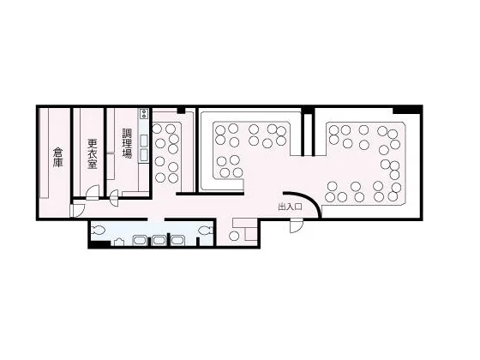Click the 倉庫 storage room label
[x=57, y=158]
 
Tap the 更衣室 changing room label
[x=93, y=154]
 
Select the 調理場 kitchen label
[x=127, y=143]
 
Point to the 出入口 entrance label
[x=290, y=207]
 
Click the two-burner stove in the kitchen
[x=144, y=113]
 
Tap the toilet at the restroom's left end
[x=98, y=230]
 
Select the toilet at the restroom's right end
[x=206, y=230]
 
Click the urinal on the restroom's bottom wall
[x=119, y=242]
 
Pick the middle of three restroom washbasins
[x=159, y=240]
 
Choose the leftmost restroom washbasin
[x=140, y=240]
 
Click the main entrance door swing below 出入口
[x=297, y=225]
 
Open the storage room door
[x=77, y=210]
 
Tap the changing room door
[x=93, y=193]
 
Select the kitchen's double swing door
[x=114, y=198]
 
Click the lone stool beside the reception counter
[x=234, y=236]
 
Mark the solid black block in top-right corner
[x=407, y=110]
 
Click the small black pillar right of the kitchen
[x=181, y=111]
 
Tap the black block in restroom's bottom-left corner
[x=99, y=244]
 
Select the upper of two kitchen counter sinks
[x=144, y=141]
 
